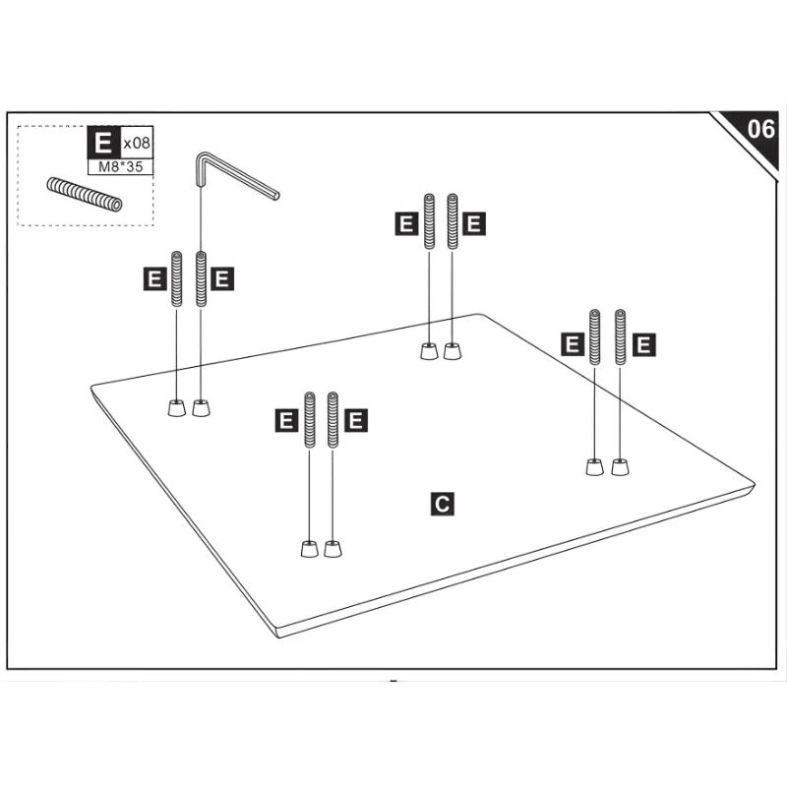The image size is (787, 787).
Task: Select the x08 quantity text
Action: (x=137, y=143)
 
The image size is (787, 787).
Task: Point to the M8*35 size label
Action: (x=121, y=167)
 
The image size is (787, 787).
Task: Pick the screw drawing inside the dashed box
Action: (x=83, y=193)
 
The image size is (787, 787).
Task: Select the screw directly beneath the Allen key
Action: (x=202, y=279)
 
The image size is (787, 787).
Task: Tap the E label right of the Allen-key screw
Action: (x=222, y=278)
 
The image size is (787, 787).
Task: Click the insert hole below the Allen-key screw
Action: (x=201, y=408)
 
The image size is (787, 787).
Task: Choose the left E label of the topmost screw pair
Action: (x=404, y=223)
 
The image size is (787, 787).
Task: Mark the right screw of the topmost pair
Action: (x=453, y=222)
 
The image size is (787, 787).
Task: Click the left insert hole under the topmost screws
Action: (x=428, y=351)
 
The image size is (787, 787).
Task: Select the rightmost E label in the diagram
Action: (x=644, y=344)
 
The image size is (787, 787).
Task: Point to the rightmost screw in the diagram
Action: (x=621, y=337)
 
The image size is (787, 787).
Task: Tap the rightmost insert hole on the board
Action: (x=619, y=467)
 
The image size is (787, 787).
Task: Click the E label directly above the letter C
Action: (x=356, y=421)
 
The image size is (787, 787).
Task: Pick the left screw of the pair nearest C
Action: (x=310, y=420)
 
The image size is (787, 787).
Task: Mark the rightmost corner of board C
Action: (x=754, y=484)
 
